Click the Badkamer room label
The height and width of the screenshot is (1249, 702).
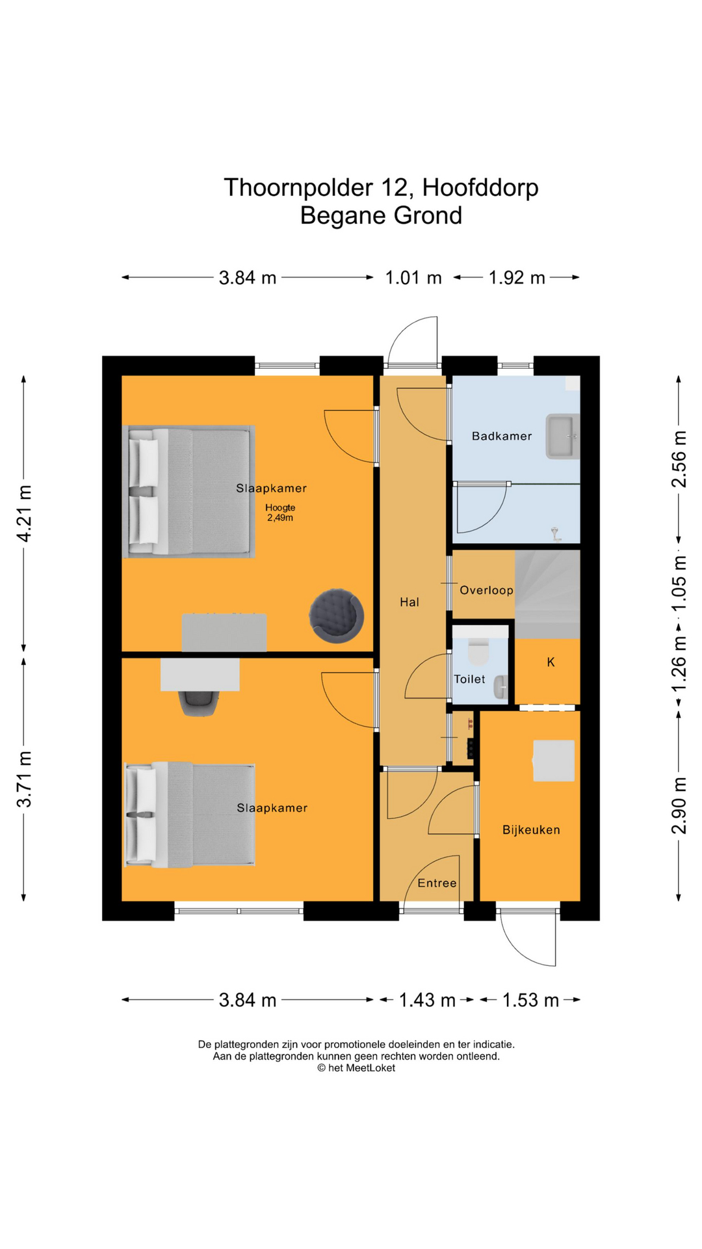[x=501, y=436]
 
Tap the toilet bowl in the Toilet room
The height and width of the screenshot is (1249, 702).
[x=478, y=651]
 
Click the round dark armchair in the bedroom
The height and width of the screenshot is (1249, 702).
[x=335, y=615]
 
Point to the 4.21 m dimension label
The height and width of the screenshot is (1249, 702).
[x=24, y=513]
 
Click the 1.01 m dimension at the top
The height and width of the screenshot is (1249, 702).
[x=413, y=278]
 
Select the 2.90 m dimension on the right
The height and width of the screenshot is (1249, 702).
[x=679, y=805]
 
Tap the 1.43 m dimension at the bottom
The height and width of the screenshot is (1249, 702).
[x=426, y=1000]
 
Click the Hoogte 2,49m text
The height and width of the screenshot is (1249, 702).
[x=280, y=513]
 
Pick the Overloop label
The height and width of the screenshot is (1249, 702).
[x=486, y=590]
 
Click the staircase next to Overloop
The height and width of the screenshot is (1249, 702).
[x=547, y=593]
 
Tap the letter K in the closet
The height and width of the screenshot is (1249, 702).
[x=551, y=662]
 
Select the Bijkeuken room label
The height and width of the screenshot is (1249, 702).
[x=530, y=829]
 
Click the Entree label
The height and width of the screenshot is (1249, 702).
[x=437, y=883]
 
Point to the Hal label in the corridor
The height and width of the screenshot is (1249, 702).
[x=409, y=602]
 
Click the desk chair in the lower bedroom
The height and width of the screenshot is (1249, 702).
[x=199, y=703]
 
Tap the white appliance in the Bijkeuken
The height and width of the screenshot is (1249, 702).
[x=554, y=760]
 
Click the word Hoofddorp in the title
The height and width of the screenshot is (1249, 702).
[x=480, y=187]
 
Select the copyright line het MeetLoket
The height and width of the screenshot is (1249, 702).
[x=356, y=1068]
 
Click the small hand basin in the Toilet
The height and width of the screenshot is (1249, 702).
[x=500, y=688]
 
